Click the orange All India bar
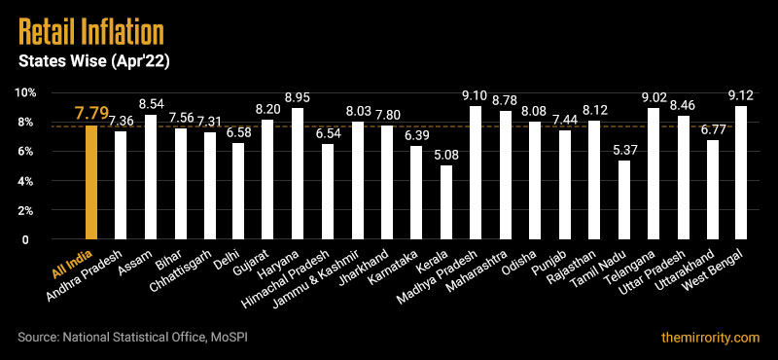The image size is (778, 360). point(91,182)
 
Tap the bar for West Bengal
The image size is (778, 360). point(741,172)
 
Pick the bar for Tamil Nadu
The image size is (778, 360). point(623,199)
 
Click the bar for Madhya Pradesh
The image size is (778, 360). point(476,172)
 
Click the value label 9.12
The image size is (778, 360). point(741,95)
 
